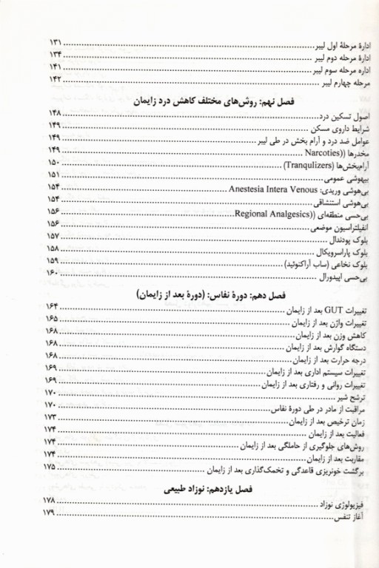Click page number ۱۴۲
tap(56, 78)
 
